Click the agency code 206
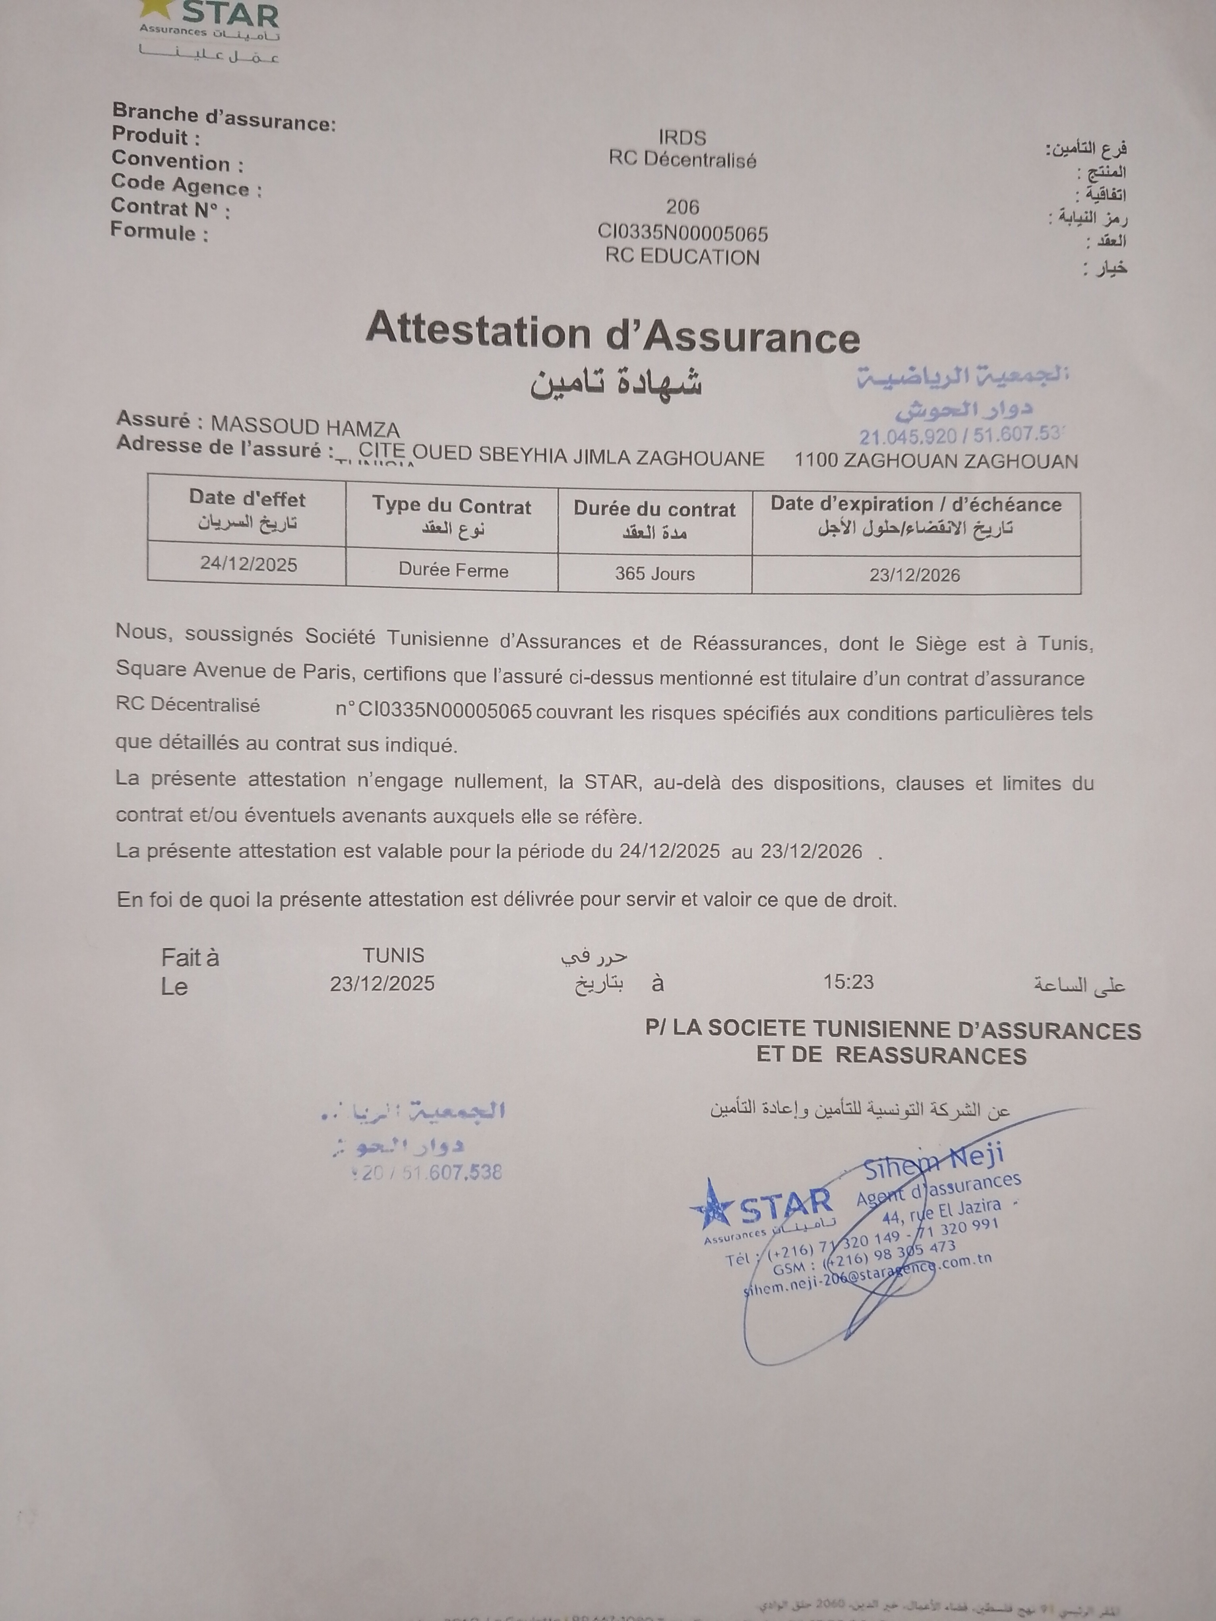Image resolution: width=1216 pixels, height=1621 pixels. (x=682, y=207)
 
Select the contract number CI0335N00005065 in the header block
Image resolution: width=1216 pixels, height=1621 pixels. (x=682, y=233)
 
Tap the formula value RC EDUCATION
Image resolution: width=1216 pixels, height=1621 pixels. (x=682, y=257)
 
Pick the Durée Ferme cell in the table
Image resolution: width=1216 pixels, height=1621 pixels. (x=453, y=570)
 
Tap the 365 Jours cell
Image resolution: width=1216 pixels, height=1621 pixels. (x=654, y=573)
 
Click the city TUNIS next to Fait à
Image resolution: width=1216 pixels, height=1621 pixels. (x=393, y=955)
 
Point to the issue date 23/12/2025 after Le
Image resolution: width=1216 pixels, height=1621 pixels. (x=382, y=983)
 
